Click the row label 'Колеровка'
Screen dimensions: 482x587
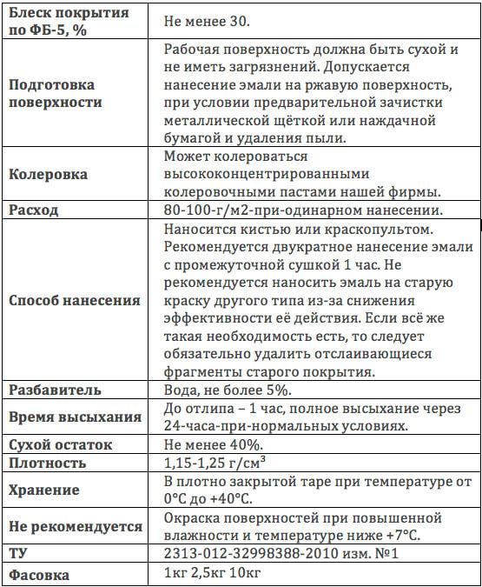tap(48, 174)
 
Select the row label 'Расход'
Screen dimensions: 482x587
tap(34, 210)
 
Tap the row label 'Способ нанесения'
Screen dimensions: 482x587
tap(74, 300)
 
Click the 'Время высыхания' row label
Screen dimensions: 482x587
tap(75, 417)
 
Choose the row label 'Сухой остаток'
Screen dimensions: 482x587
tap(61, 444)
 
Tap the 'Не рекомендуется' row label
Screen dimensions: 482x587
tap(76, 526)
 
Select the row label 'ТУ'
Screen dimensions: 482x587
tap(17, 553)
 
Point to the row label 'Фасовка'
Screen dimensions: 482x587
tap(40, 574)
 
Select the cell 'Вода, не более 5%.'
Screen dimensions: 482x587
tap(227, 390)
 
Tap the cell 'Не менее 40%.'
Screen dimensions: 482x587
tap(213, 444)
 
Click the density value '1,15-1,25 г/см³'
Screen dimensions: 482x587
tap(215, 463)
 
